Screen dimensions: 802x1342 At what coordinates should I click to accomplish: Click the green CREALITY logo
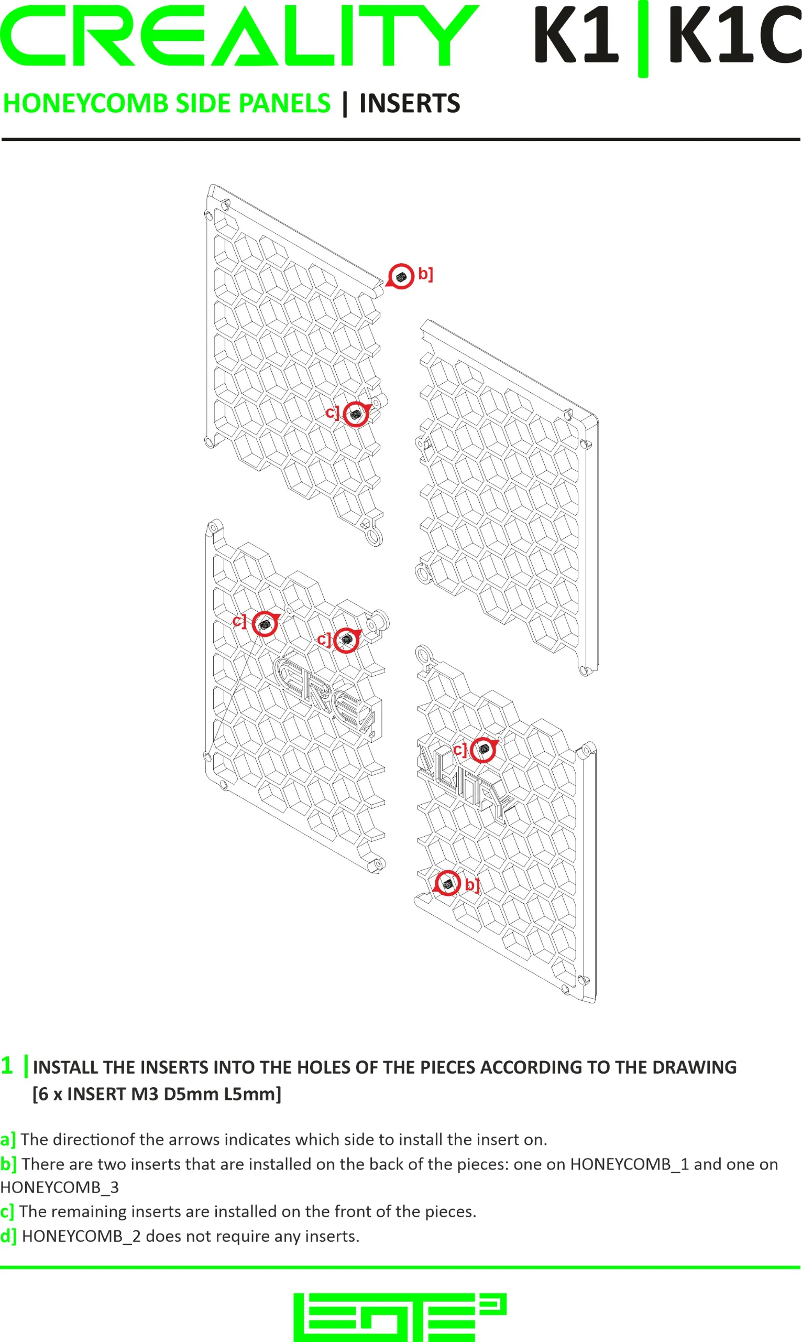(239, 36)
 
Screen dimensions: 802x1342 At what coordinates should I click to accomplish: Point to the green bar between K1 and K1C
(643, 39)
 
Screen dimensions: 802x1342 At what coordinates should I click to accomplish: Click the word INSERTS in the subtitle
(410, 103)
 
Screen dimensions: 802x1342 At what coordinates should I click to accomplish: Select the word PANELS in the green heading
(284, 103)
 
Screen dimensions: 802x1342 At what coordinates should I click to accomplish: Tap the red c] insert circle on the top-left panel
(356, 415)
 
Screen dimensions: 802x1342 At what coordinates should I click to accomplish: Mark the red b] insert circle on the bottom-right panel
(447, 883)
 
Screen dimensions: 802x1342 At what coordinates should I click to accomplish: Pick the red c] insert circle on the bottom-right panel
(484, 750)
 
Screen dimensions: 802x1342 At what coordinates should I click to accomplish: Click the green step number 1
(6, 1066)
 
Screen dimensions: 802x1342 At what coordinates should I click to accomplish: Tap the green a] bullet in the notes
(8, 1140)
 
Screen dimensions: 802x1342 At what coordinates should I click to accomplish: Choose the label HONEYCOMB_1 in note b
(630, 1164)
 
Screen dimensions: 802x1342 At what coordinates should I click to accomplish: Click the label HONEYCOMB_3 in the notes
(59, 1187)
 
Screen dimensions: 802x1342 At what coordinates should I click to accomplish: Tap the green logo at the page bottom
(400, 1318)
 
